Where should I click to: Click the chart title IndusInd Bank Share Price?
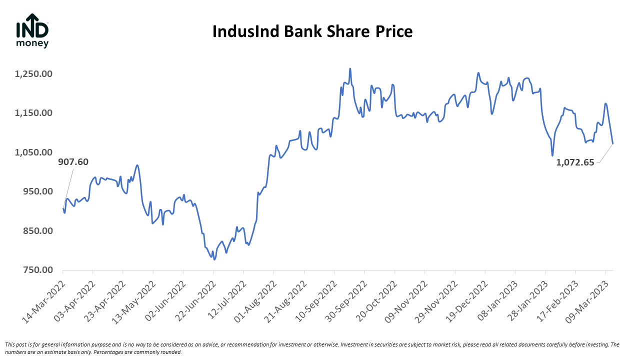pyautogui.click(x=312, y=32)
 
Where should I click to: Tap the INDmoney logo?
pyautogui.click(x=32, y=31)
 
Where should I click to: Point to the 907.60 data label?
pyautogui.click(x=73, y=162)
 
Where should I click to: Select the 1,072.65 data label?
pyautogui.click(x=575, y=162)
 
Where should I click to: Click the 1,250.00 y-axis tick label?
pyautogui.click(x=34, y=74)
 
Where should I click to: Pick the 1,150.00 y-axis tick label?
pyautogui.click(x=34, y=113)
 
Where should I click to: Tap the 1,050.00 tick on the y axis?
pyautogui.click(x=34, y=152)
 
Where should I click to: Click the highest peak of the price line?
pyautogui.click(x=350, y=69)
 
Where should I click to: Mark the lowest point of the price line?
pyautogui.click(x=214, y=259)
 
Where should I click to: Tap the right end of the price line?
pyautogui.click(x=613, y=143)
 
